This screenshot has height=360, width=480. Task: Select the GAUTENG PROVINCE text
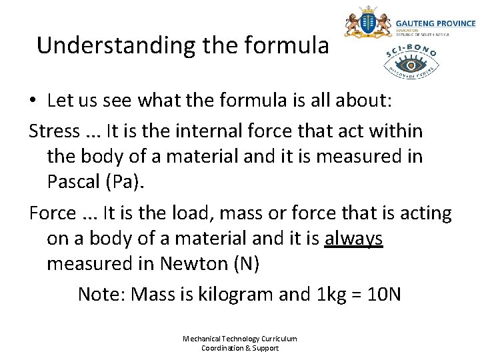(x=435, y=23)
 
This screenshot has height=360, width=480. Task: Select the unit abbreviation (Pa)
(x=130, y=181)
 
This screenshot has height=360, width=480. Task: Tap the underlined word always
(x=353, y=239)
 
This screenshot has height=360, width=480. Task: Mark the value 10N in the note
(x=385, y=294)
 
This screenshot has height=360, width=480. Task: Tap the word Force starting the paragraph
(x=53, y=213)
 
